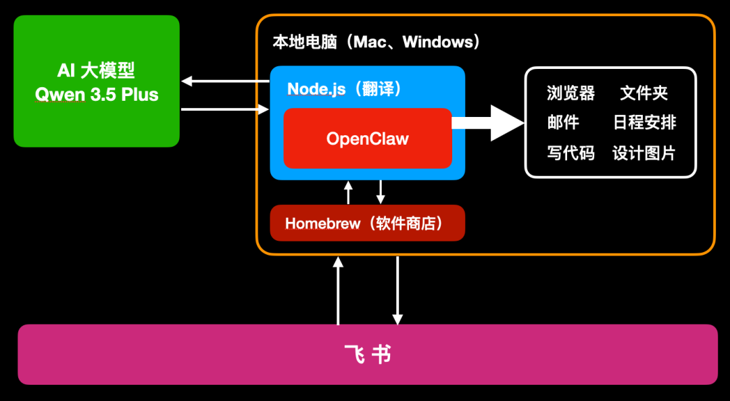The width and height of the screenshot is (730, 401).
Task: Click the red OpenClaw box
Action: pyautogui.click(x=367, y=139)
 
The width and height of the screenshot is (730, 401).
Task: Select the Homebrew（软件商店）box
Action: pyautogui.click(x=367, y=223)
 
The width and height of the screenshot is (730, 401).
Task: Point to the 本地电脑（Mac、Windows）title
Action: pyautogui.click(x=376, y=42)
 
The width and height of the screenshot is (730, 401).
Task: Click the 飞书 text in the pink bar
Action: pyautogui.click(x=367, y=354)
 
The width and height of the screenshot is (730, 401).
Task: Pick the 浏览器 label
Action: pyautogui.click(x=570, y=93)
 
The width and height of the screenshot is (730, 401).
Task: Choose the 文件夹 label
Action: pyautogui.click(x=644, y=93)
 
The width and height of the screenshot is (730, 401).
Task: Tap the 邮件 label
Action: pyautogui.click(x=562, y=122)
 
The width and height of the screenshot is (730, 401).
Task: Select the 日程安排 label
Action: pyautogui.click(x=644, y=122)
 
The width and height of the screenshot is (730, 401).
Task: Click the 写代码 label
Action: pyautogui.click(x=570, y=153)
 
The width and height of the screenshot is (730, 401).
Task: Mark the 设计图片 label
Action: pyautogui.click(x=643, y=153)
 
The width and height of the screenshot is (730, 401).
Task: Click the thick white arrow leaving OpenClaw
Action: pyautogui.click(x=489, y=122)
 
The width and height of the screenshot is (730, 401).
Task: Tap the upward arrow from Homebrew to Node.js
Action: pyautogui.click(x=348, y=192)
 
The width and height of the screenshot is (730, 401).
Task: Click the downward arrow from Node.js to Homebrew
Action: pyautogui.click(x=381, y=192)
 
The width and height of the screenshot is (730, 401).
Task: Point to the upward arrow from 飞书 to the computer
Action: pyautogui.click(x=338, y=290)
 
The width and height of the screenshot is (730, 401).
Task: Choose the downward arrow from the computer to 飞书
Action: pyautogui.click(x=397, y=290)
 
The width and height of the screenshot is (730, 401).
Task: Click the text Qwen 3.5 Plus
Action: pyautogui.click(x=96, y=95)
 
